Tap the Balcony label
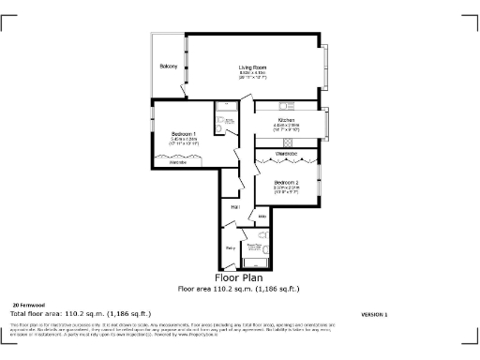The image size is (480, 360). pyautogui.click(x=169, y=67)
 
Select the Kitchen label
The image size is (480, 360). pyautogui.click(x=285, y=120)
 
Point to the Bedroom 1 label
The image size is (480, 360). pyautogui.click(x=184, y=136)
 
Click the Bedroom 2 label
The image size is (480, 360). pyautogui.click(x=286, y=182)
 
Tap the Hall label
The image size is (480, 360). pyautogui.click(x=236, y=205)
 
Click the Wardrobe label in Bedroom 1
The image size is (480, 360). pyautogui.click(x=177, y=163)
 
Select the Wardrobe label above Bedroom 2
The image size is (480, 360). pyautogui.click(x=286, y=153)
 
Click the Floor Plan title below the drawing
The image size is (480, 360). pyautogui.click(x=239, y=278)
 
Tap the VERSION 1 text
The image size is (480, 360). pyautogui.click(x=374, y=313)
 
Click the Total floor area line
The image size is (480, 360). pyautogui.click(x=81, y=313)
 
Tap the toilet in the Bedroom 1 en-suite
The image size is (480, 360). pyautogui.click(x=220, y=131)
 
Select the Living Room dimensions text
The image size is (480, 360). pyautogui.click(x=252, y=75)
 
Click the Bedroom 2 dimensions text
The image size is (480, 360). pyautogui.click(x=286, y=189)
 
